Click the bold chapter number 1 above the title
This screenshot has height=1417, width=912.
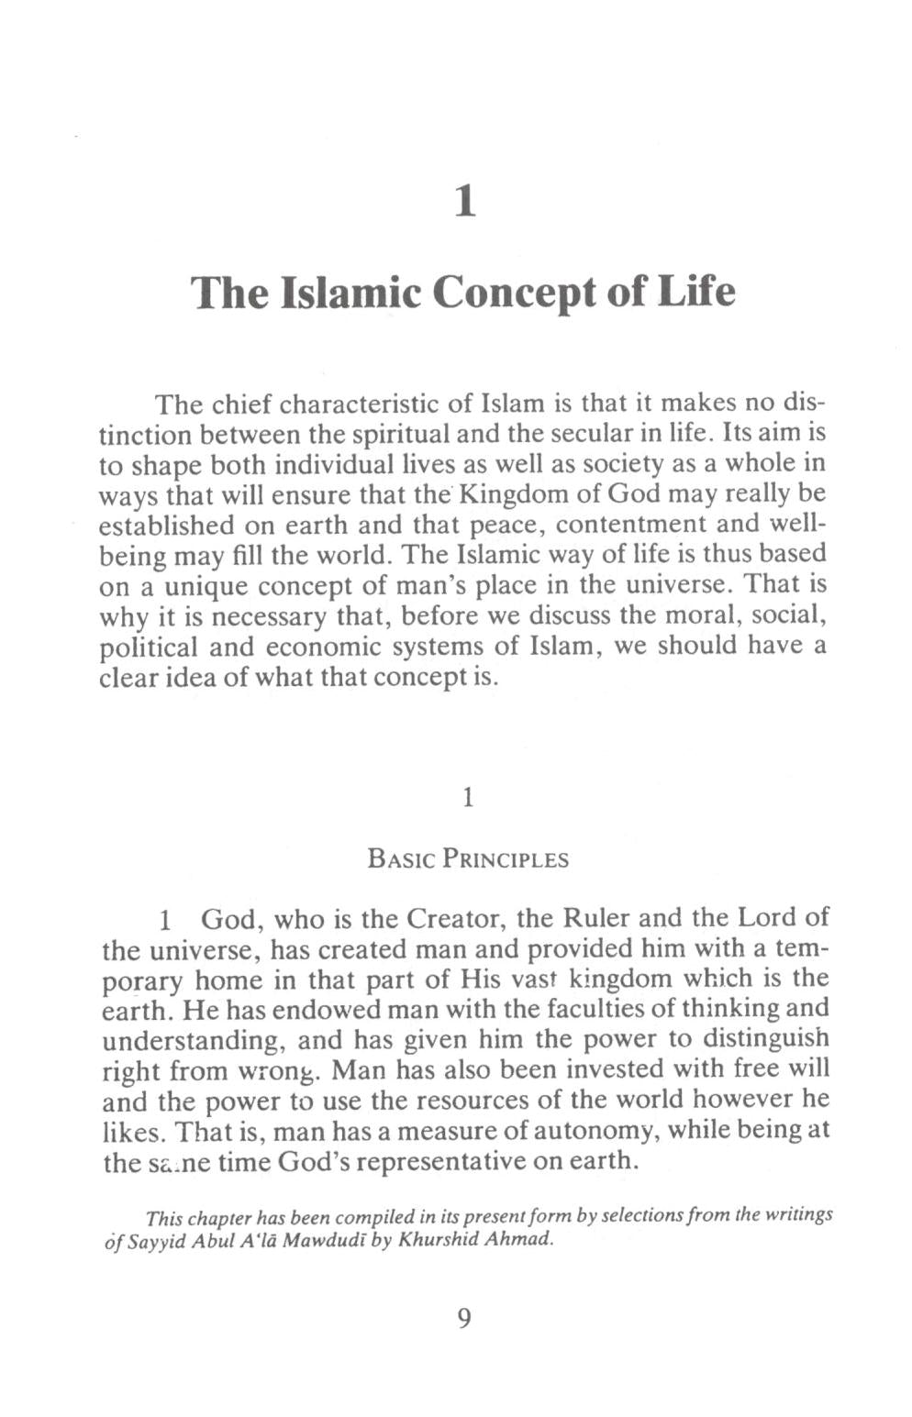[x=466, y=201]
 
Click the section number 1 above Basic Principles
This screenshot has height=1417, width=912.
[x=467, y=798]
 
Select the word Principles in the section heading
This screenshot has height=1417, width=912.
[x=506, y=859]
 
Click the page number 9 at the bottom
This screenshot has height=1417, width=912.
[x=463, y=1318]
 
